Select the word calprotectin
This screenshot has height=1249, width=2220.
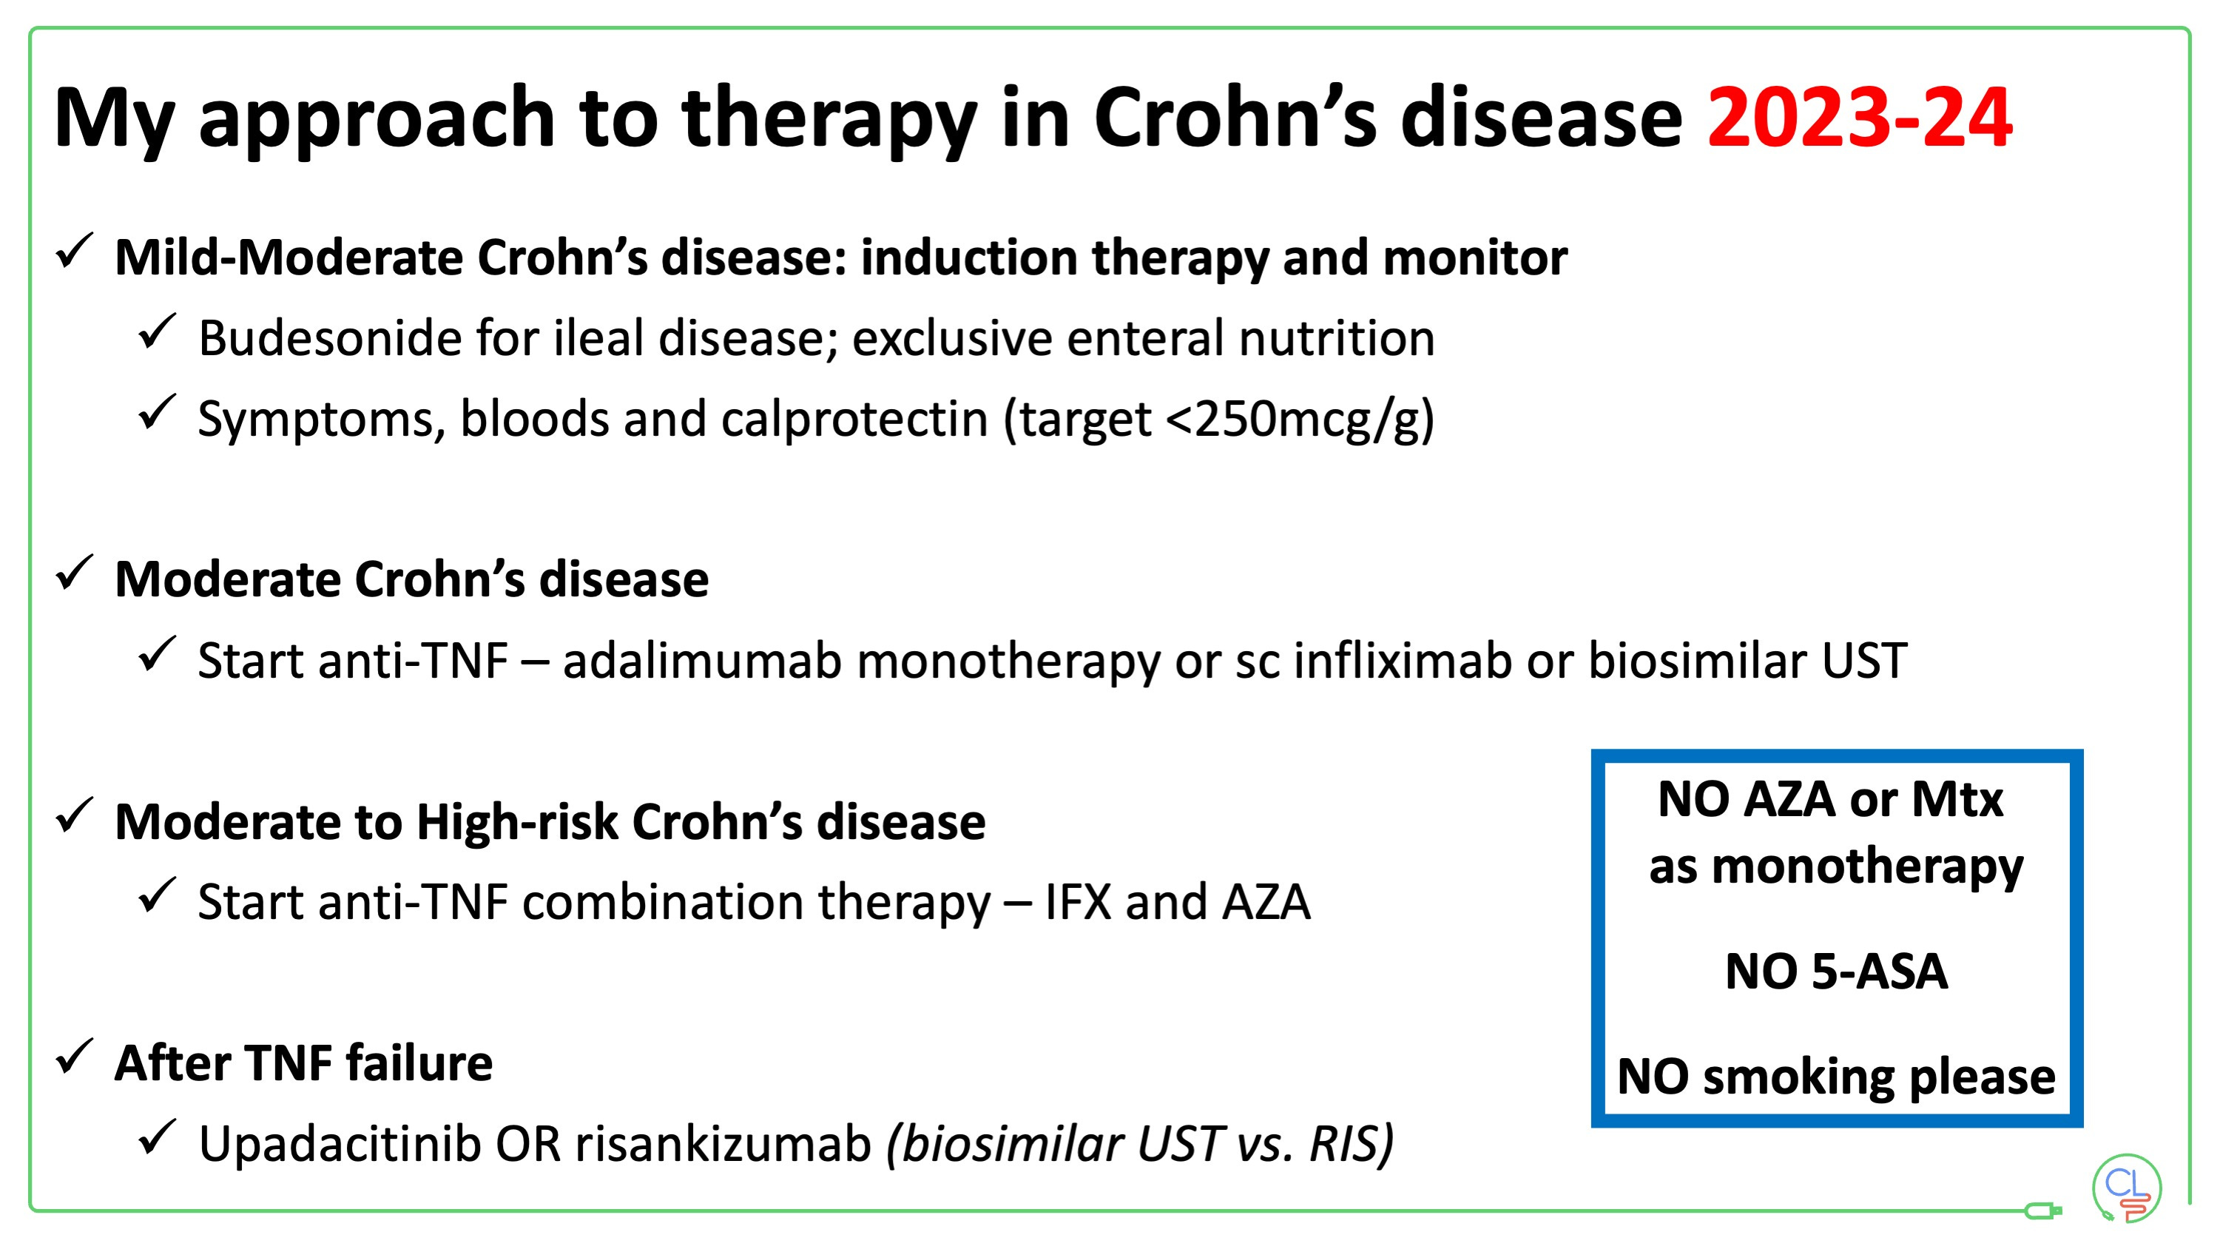click(x=853, y=420)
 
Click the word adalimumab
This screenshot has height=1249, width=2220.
click(x=701, y=661)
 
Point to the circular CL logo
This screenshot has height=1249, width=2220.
click(x=2125, y=1188)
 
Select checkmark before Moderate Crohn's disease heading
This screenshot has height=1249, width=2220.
click(x=74, y=574)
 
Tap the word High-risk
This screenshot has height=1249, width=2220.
click(x=516, y=822)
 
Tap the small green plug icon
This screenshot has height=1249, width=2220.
click(x=2042, y=1211)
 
